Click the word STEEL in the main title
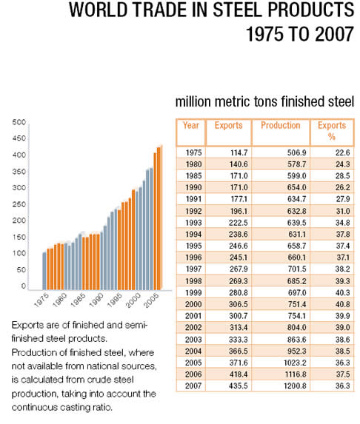tap(237, 10)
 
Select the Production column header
tap(281, 126)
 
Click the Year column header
tap(191, 126)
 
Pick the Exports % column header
tap(332, 131)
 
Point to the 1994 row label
tap(193, 234)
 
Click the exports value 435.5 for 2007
tap(239, 386)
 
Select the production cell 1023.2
tap(295, 363)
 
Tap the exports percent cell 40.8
tap(343, 304)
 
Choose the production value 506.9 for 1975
tap(296, 152)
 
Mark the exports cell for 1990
tap(239, 187)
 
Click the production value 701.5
tap(296, 269)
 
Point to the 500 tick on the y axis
tap(19, 122)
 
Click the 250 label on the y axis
tap(19, 204)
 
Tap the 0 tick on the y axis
tap(23, 286)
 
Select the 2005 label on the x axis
tap(151, 300)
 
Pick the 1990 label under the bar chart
tap(96, 300)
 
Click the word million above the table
tap(193, 102)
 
